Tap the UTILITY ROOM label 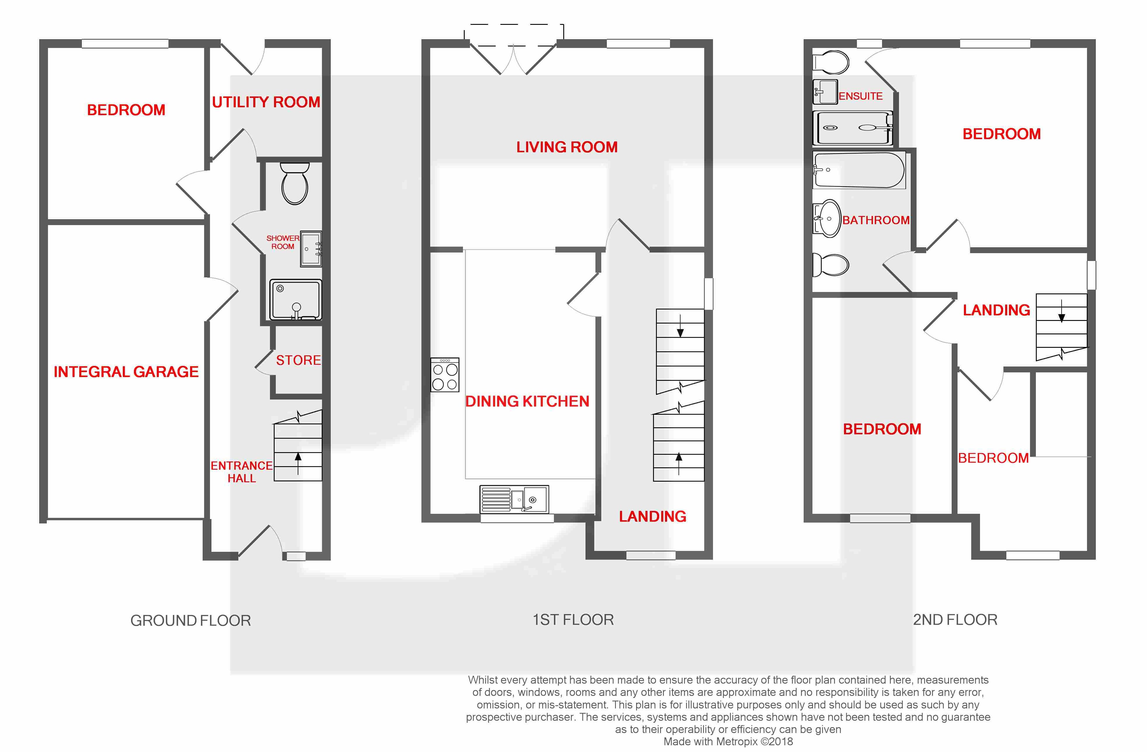[266, 102]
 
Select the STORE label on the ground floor [298, 360]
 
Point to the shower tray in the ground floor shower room [295, 300]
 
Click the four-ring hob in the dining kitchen [445, 374]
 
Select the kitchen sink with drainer [514, 499]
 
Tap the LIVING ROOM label [567, 147]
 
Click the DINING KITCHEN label [527, 401]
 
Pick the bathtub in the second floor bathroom [859, 170]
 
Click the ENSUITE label [861, 96]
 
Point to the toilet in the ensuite [830, 63]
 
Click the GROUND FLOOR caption [191, 620]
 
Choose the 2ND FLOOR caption [955, 620]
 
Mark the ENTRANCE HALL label [242, 472]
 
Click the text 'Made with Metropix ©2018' [728, 742]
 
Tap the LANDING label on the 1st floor [652, 516]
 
